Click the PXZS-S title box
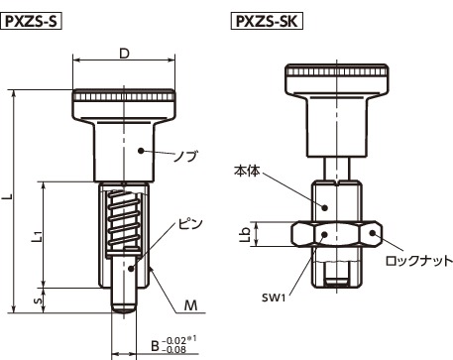point(32,22)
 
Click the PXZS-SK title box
point(267,21)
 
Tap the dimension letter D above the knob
point(124,54)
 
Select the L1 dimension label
point(37,236)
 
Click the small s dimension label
point(39,300)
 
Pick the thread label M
point(191,305)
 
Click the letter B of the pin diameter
point(155,346)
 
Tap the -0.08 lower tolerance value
point(174,350)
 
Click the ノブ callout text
point(185,156)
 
